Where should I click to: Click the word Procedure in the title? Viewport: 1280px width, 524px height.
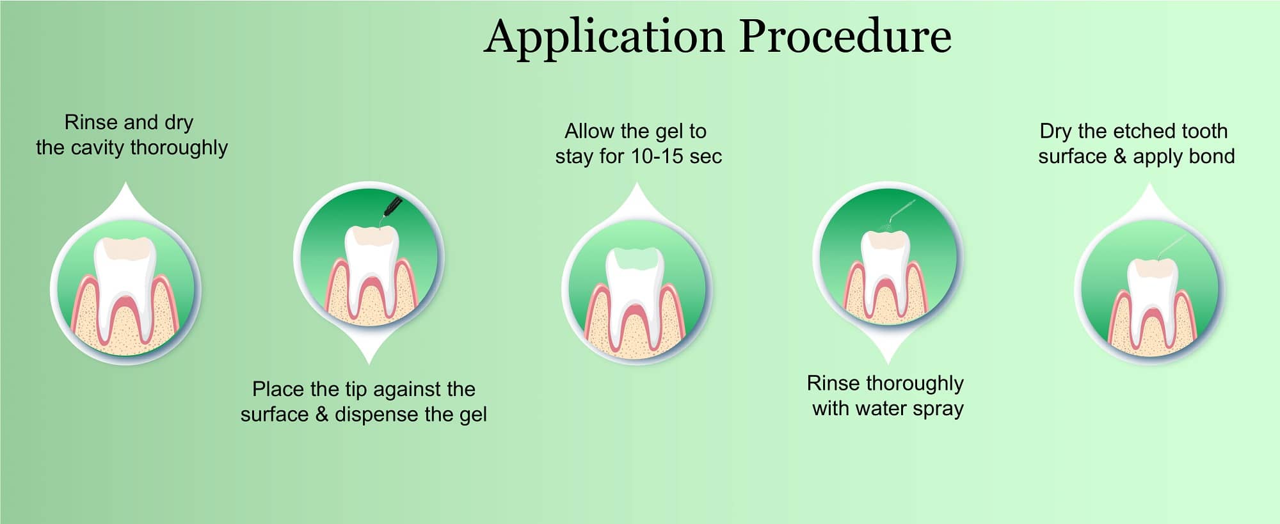[x=845, y=36]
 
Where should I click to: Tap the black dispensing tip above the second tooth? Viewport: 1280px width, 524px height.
[x=391, y=208]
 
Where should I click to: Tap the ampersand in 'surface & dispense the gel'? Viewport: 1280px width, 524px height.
[x=322, y=415]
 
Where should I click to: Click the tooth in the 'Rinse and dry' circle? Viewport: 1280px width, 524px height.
[x=125, y=288]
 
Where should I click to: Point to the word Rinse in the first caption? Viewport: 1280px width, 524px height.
[x=88, y=122]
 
